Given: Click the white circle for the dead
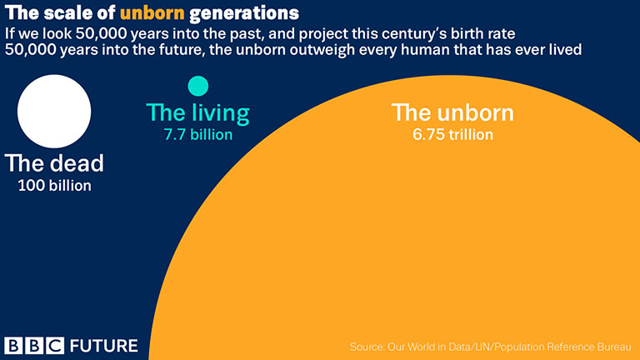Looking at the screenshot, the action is pyautogui.click(x=54, y=111).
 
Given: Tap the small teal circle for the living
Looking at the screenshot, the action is pyautogui.click(x=198, y=86).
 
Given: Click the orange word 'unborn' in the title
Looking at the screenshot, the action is pyautogui.click(x=152, y=13).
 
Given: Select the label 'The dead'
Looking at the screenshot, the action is pyautogui.click(x=54, y=163).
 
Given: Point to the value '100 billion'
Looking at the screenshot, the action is pyautogui.click(x=55, y=186).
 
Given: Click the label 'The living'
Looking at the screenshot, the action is pyautogui.click(x=198, y=113).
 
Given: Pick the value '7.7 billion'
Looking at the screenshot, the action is pyautogui.click(x=198, y=135).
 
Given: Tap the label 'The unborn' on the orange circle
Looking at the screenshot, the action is pyautogui.click(x=452, y=112).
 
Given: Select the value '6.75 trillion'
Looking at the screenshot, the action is pyautogui.click(x=452, y=135).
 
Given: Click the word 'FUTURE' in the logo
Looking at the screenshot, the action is pyautogui.click(x=104, y=346).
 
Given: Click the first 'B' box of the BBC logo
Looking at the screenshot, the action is pyautogui.click(x=13, y=346).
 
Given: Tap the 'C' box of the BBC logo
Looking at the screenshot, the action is pyautogui.click(x=55, y=346).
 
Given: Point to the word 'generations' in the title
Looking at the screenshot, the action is pyautogui.click(x=244, y=13).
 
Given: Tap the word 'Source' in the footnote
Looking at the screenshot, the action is pyautogui.click(x=366, y=347).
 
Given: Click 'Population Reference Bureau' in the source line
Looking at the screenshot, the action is pyautogui.click(x=562, y=347).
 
